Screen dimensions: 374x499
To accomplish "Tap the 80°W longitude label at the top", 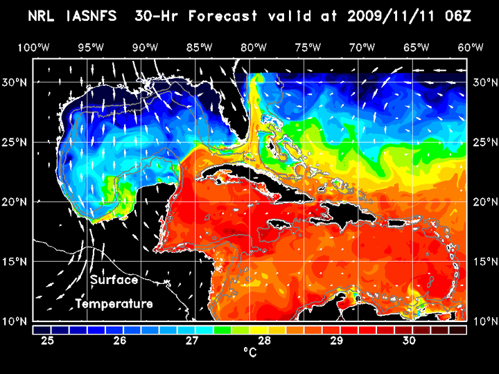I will click(x=254, y=47).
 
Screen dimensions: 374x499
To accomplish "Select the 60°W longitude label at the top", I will click(x=471, y=47).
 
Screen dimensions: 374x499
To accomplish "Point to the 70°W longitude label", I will click(x=362, y=47).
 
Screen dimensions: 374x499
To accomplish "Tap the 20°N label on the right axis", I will click(x=483, y=202).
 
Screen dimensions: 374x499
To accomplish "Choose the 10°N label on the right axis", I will click(x=483, y=321).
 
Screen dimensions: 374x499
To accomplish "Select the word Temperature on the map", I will click(x=114, y=304).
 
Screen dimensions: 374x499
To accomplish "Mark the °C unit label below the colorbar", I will click(x=250, y=353).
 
